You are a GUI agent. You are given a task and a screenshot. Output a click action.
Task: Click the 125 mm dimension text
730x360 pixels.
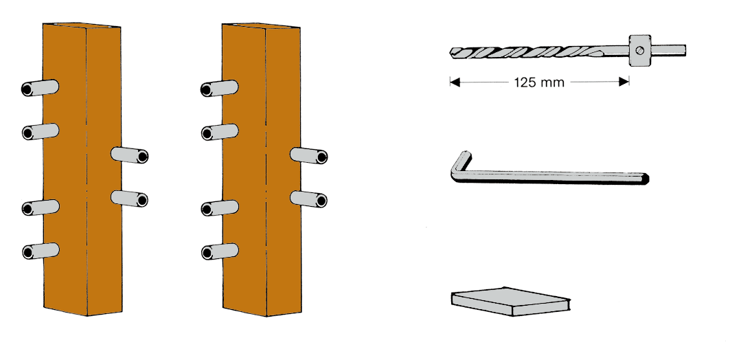[x=539, y=83]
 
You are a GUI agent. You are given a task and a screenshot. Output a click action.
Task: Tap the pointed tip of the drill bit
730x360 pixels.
[x=450, y=51]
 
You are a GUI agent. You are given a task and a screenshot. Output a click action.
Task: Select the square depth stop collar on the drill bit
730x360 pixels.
[x=640, y=50]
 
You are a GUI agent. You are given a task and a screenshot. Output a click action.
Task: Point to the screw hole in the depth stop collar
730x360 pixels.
[x=641, y=50]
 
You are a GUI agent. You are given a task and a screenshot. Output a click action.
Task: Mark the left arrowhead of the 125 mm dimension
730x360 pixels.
[x=455, y=82]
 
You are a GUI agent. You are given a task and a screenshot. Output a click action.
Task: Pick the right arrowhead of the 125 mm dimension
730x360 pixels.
[x=624, y=82]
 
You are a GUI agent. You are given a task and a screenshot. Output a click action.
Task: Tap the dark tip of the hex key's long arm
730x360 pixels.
[x=646, y=178]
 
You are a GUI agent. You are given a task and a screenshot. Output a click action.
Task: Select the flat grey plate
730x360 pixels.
[x=511, y=302]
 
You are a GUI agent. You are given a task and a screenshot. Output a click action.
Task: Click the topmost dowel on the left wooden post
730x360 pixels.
[x=40, y=88]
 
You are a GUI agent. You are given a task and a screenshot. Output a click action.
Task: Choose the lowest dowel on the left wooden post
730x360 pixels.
[x=41, y=251]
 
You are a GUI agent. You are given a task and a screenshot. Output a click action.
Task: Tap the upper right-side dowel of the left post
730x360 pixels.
[x=130, y=155]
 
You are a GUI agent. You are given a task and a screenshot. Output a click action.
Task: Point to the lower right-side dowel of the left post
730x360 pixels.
[x=130, y=199]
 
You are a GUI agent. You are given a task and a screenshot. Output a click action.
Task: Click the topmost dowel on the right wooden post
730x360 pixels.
[x=219, y=88]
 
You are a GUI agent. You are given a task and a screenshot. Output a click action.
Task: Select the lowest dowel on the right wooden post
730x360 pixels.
[x=220, y=251]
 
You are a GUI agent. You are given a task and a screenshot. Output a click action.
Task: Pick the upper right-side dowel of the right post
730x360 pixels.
[x=308, y=155]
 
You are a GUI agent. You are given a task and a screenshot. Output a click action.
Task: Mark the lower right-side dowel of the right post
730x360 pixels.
[x=308, y=199]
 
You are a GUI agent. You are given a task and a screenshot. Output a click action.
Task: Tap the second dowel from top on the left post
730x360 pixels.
[x=40, y=132]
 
